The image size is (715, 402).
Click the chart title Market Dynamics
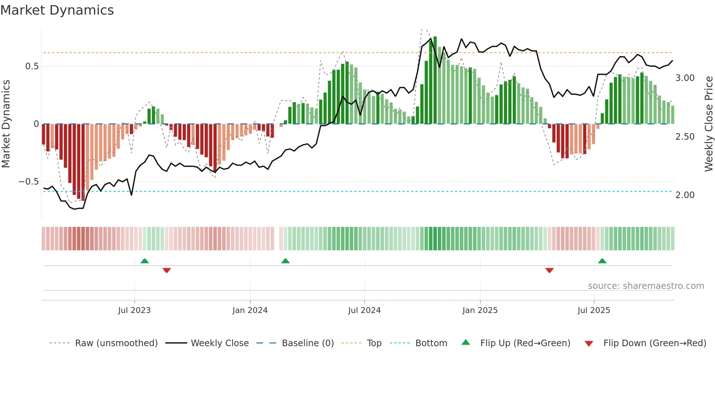57,10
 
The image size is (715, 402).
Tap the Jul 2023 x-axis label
134,310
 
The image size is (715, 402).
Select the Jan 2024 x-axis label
250,310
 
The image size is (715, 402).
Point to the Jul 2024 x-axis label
364,310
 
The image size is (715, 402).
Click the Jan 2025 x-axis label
480,310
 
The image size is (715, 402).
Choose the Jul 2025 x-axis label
594,310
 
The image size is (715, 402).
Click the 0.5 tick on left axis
32,66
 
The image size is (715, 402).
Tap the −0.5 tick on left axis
28,182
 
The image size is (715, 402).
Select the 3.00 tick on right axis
685,78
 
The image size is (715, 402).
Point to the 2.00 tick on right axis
685,195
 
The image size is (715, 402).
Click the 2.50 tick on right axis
685,137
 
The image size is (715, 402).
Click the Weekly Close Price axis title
708,124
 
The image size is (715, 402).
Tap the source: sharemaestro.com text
646,286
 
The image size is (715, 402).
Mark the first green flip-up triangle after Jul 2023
144,261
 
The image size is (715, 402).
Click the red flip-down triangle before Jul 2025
549,270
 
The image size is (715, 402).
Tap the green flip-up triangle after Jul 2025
602,261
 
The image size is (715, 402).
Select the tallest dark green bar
435,80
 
